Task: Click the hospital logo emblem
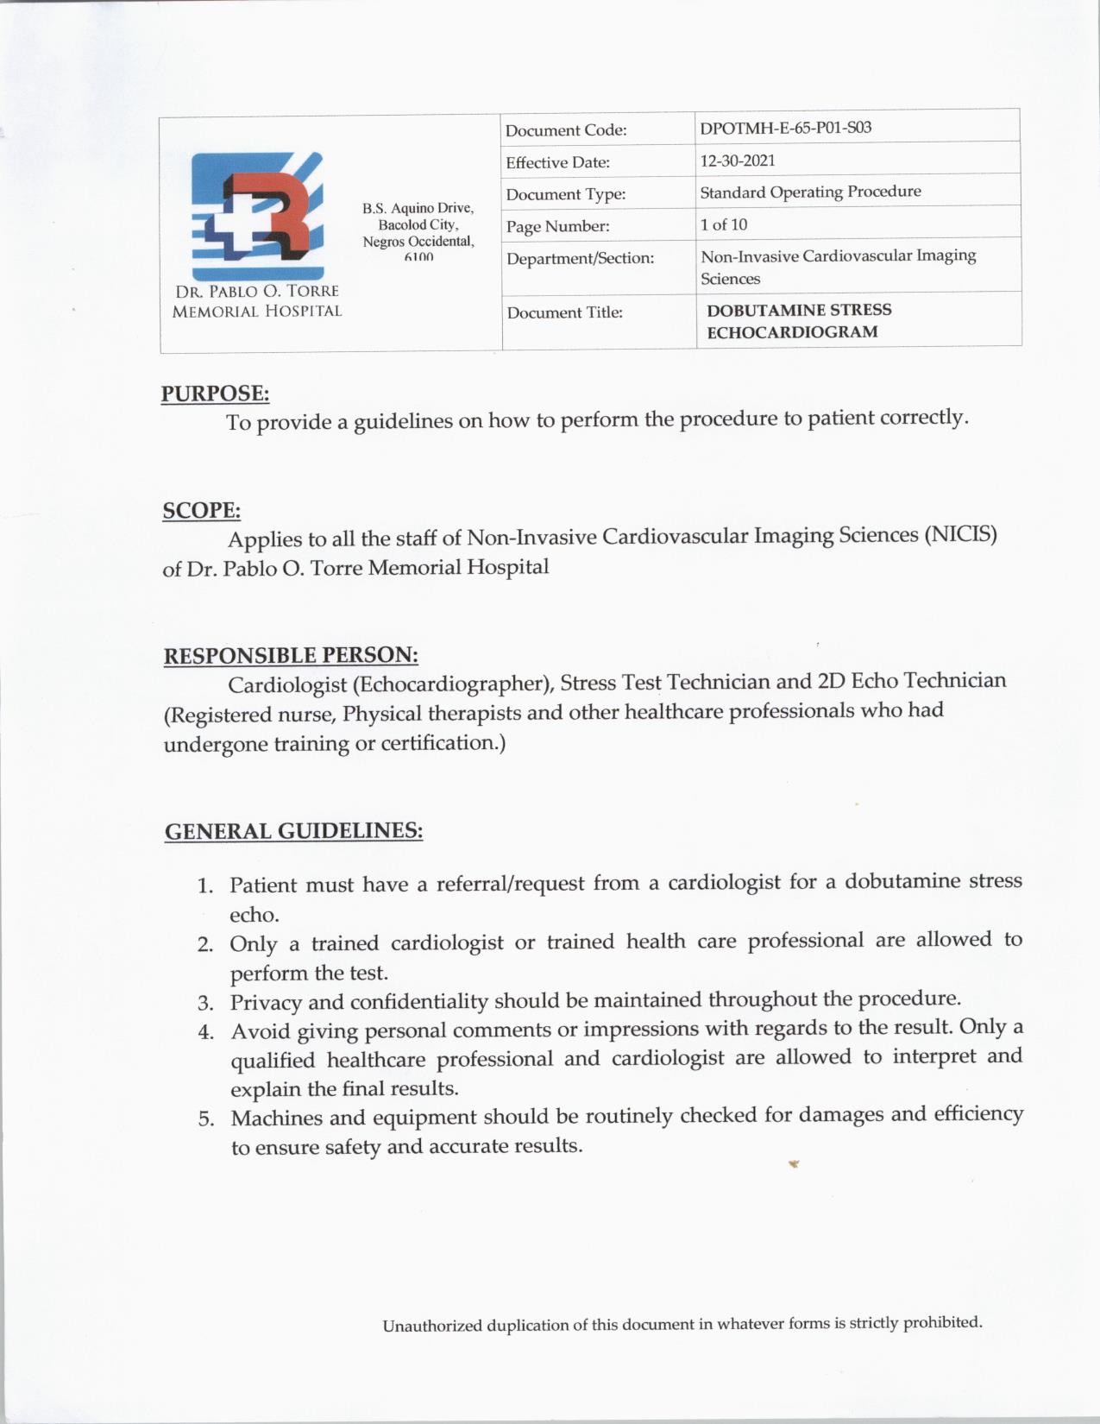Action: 258,216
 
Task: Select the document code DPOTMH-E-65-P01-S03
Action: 785,128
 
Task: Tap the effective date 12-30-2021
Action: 738,161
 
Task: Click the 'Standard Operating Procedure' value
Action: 810,192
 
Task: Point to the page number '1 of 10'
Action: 724,224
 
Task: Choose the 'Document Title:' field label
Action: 564,312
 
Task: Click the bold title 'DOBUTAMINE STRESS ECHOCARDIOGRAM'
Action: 798,320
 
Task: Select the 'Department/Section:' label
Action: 580,258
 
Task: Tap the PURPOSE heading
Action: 215,394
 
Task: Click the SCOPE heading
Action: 201,510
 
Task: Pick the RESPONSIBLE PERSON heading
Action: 291,655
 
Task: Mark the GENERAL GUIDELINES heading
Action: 293,831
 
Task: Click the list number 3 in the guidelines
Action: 205,1003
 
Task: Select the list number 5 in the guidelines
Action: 206,1119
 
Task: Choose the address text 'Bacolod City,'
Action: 418,224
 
